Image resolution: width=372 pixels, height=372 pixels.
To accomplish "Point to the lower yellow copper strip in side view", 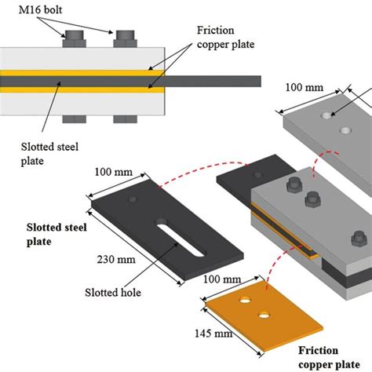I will click(x=82, y=89).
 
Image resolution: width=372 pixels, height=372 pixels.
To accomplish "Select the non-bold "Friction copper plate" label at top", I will click(x=224, y=35).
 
